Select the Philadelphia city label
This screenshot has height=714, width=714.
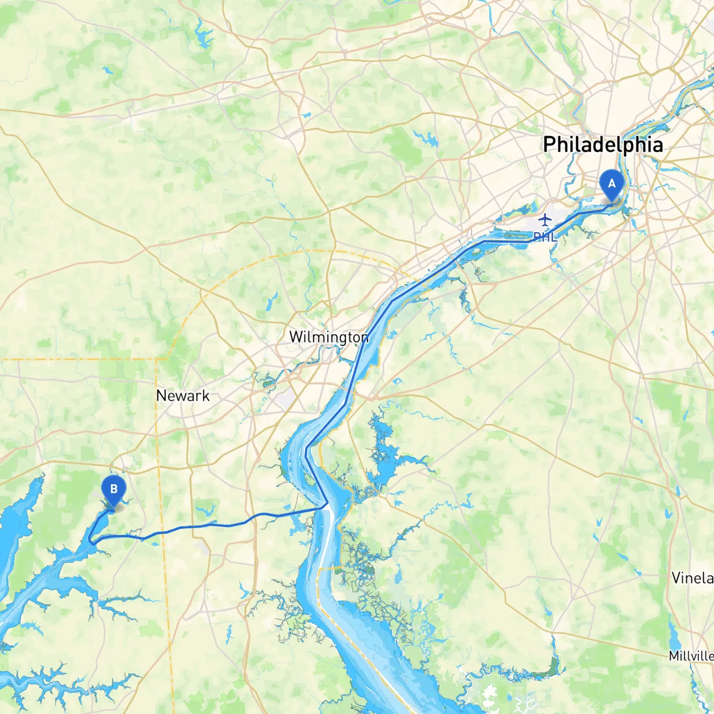(x=603, y=144)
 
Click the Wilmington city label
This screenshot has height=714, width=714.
(x=329, y=337)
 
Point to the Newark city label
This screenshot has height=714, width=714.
(x=183, y=395)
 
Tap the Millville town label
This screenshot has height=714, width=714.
(x=691, y=656)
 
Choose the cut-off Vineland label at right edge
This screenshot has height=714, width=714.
(x=692, y=578)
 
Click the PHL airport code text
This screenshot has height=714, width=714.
(x=544, y=237)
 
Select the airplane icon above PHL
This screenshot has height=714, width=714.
(x=545, y=219)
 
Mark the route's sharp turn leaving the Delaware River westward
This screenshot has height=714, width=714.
(x=326, y=506)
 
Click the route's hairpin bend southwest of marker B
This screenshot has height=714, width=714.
(x=90, y=540)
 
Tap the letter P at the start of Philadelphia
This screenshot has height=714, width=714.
(x=550, y=144)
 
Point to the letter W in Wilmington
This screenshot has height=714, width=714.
(x=296, y=337)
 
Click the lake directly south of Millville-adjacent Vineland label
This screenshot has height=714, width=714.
(x=672, y=630)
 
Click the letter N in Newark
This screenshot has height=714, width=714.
(x=161, y=395)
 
